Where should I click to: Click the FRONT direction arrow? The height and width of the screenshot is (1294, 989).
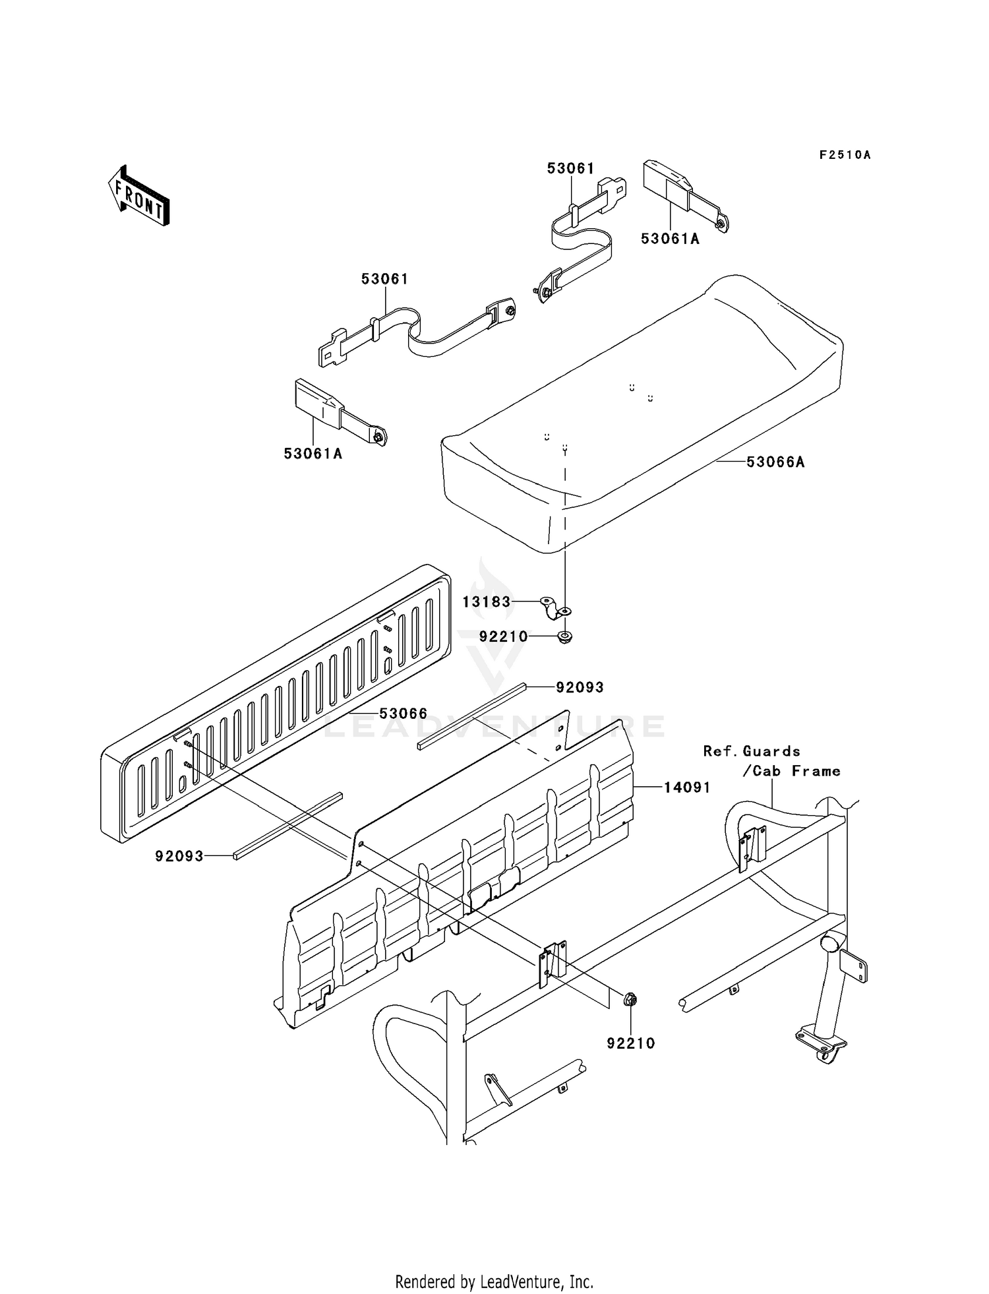pyautogui.click(x=139, y=196)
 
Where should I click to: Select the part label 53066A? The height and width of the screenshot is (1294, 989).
pyautogui.click(x=775, y=462)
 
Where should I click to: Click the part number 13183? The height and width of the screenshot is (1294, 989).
pyautogui.click(x=487, y=601)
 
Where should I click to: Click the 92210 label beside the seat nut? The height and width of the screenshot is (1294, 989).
pyautogui.click(x=503, y=636)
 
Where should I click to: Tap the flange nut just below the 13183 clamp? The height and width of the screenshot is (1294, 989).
pyautogui.click(x=564, y=638)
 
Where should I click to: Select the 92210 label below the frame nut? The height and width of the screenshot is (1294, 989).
pyautogui.click(x=631, y=1043)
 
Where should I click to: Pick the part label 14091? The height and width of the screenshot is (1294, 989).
pyautogui.click(x=687, y=787)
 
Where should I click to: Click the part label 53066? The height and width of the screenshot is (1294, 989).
pyautogui.click(x=403, y=714)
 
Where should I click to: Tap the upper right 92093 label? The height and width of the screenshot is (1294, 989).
pyautogui.click(x=580, y=687)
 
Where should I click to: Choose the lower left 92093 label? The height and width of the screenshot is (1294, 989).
pyautogui.click(x=179, y=856)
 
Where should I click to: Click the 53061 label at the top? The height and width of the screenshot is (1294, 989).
pyautogui.click(x=570, y=168)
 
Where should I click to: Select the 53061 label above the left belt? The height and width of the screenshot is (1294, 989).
pyautogui.click(x=384, y=279)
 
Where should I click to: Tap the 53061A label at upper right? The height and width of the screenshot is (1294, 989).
pyautogui.click(x=670, y=239)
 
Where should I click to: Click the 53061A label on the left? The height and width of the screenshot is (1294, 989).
pyautogui.click(x=313, y=454)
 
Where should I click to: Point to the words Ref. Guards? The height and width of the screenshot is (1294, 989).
pyautogui.click(x=752, y=751)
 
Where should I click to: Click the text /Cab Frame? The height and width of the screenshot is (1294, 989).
pyautogui.click(x=791, y=771)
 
